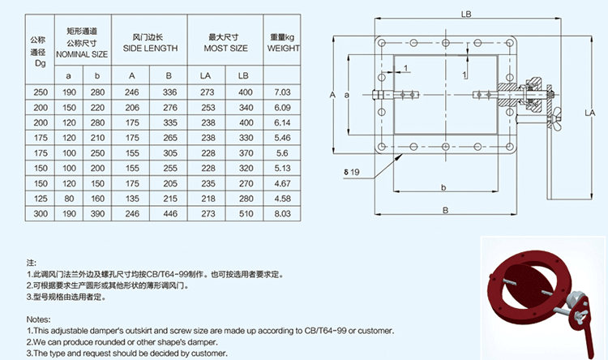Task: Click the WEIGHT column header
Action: click(x=284, y=48)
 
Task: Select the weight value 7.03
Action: click(x=282, y=92)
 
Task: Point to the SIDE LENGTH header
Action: click(x=150, y=48)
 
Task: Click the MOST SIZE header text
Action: click(x=227, y=48)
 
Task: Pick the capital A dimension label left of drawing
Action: click(x=332, y=95)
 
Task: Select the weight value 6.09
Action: click(x=282, y=107)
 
